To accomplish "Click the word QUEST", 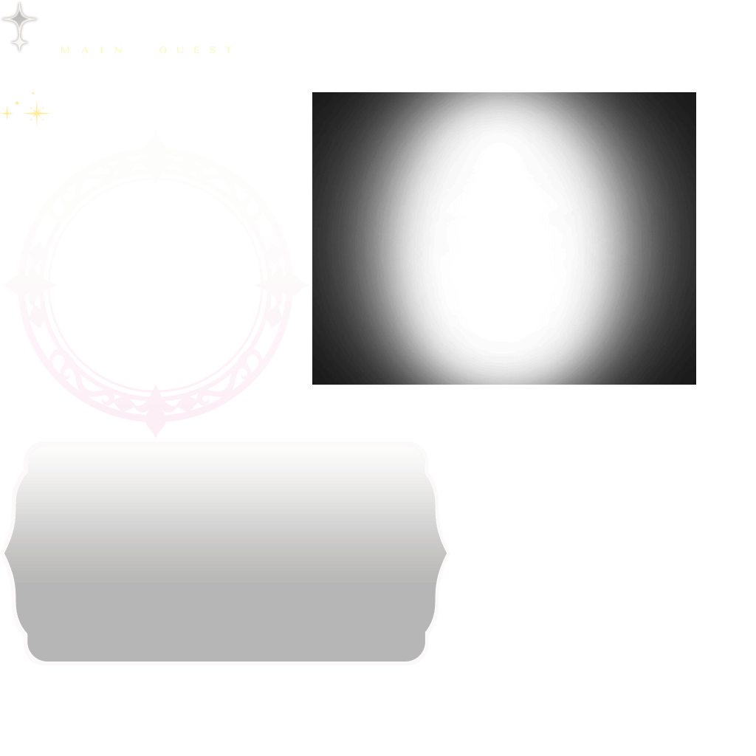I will click(x=196, y=50).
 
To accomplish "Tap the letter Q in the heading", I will click(x=164, y=50).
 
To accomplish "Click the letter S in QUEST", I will click(x=213, y=50).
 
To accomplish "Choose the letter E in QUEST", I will click(x=198, y=50).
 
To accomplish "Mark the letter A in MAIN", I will click(x=83, y=50).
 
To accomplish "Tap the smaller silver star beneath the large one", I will click(x=20, y=45).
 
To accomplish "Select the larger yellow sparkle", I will click(x=36, y=113).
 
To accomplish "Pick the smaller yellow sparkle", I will click(x=7, y=113).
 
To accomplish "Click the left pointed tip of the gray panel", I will click(x=5, y=552).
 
